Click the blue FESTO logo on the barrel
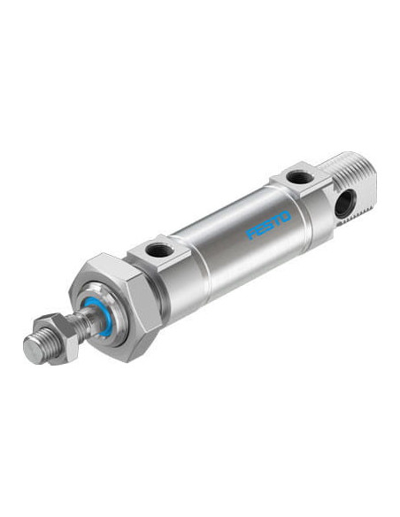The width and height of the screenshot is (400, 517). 269,224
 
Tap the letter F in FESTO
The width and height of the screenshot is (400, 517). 252,233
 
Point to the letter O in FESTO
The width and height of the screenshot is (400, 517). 285,217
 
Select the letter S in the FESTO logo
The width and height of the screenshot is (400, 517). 270,225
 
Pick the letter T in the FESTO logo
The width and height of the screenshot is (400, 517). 277,220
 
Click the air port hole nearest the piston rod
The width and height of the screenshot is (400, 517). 160,250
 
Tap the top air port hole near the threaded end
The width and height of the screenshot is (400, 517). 300,177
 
